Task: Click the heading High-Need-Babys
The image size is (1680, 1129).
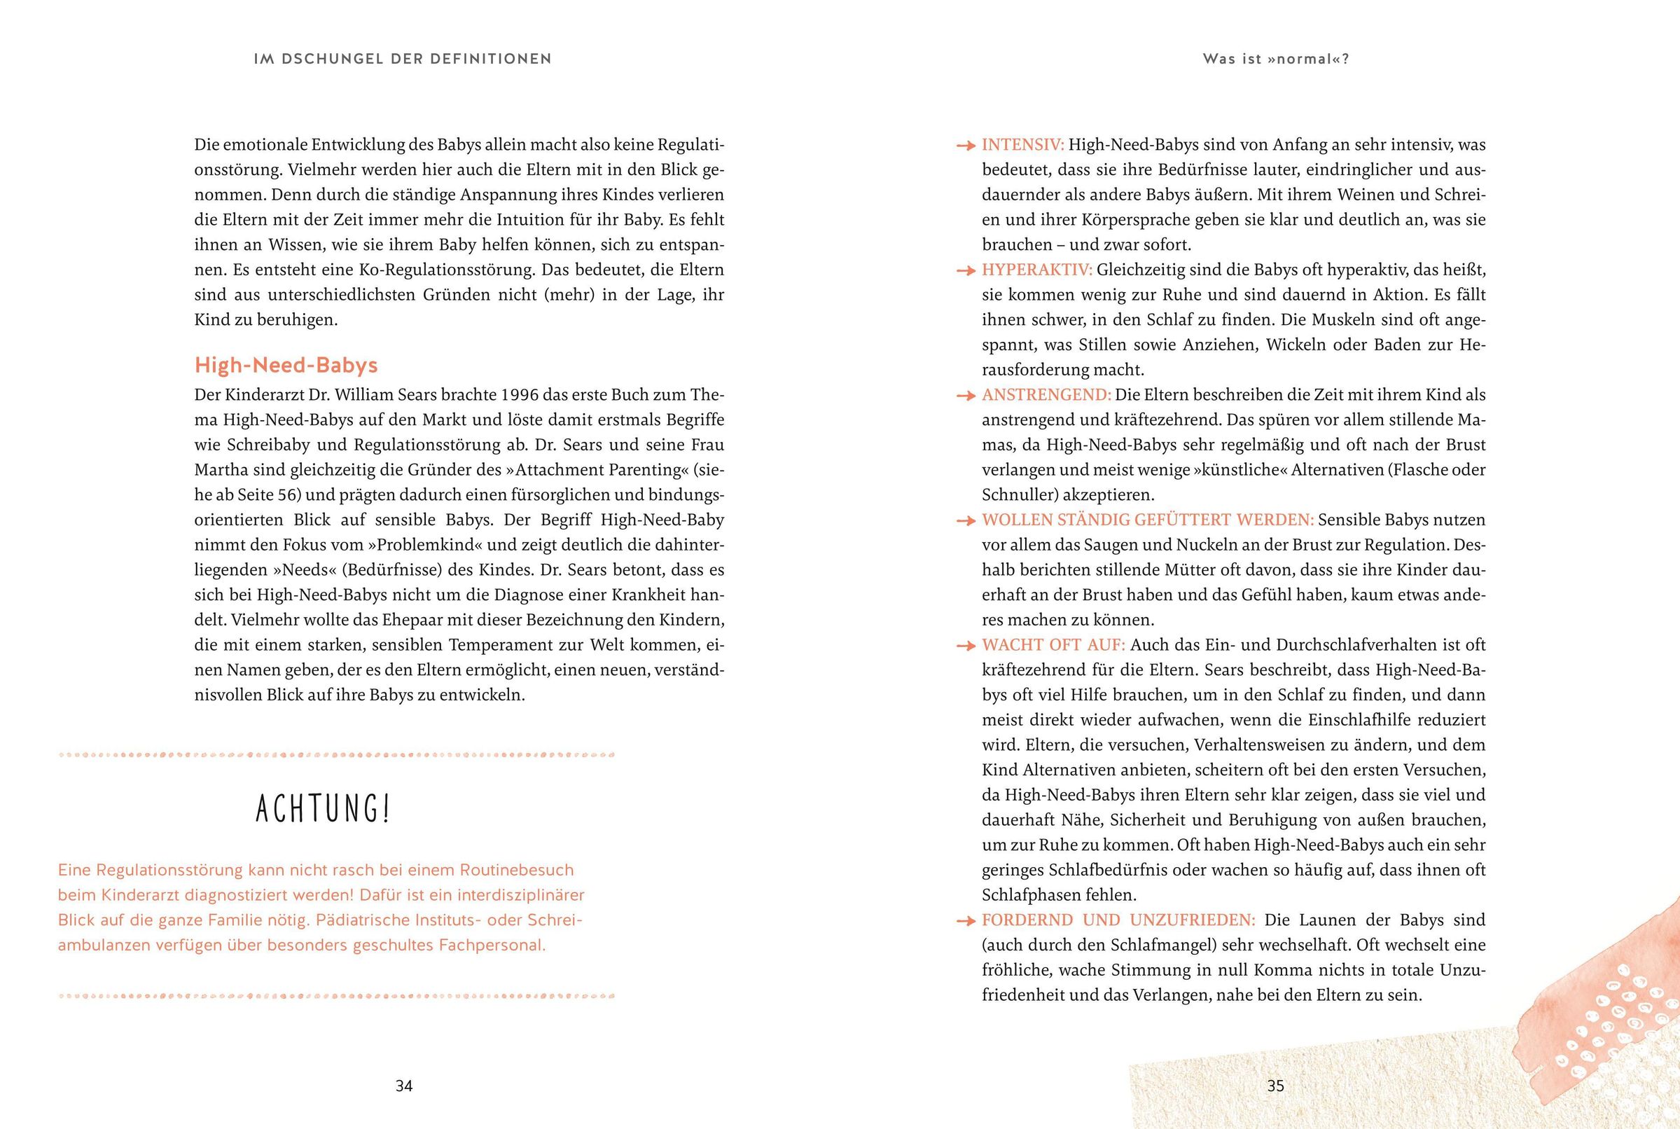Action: pos(286,365)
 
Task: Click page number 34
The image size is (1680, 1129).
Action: pos(404,1086)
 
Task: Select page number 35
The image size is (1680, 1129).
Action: pos(1275,1086)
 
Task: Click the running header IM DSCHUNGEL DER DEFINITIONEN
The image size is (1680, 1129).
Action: pos(403,59)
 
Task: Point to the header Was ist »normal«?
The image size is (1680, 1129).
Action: pos(1275,59)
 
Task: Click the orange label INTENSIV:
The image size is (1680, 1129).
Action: pos(1022,145)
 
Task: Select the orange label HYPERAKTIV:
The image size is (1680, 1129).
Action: pos(1036,270)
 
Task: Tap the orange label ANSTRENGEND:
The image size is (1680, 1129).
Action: pos(1046,395)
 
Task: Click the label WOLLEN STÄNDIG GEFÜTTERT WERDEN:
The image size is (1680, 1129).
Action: pos(1147,520)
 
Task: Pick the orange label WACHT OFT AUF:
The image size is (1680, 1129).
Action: pos(1053,645)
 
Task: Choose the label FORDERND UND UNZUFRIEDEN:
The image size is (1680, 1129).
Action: pos(1118,920)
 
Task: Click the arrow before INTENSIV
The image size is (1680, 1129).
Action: pos(965,146)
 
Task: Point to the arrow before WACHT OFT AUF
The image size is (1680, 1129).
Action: pos(965,646)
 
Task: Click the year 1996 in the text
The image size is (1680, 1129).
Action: pos(520,395)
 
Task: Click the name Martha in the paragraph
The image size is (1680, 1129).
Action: pos(221,470)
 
